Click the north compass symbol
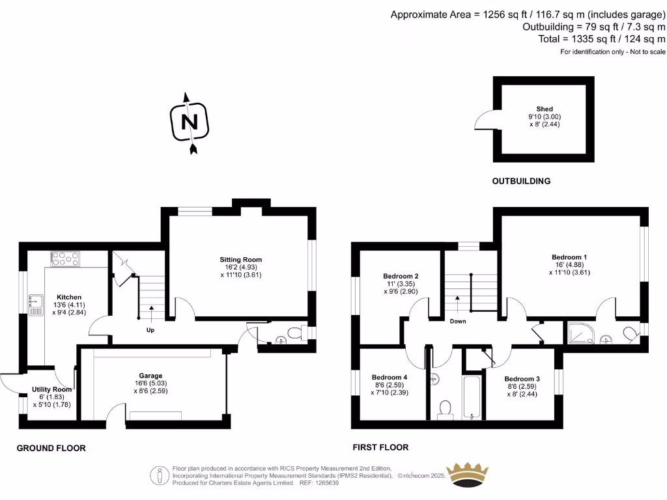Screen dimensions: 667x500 (190, 122)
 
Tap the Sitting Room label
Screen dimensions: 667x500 (241, 259)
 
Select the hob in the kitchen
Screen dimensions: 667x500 (65, 259)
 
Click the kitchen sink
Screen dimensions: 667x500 (36, 305)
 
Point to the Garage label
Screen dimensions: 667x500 (150, 376)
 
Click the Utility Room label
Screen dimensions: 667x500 (52, 389)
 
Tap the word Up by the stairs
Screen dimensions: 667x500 (150, 330)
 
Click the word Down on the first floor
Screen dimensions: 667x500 (458, 321)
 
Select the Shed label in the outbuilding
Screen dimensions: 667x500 (545, 109)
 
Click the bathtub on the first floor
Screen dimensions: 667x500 (472, 397)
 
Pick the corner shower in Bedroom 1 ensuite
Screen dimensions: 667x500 (581, 333)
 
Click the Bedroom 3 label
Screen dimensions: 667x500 (522, 378)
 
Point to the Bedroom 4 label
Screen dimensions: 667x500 (390, 377)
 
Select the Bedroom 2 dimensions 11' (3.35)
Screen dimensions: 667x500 (401, 284)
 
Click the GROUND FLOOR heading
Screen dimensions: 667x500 (51, 448)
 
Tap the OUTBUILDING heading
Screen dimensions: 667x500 (521, 181)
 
